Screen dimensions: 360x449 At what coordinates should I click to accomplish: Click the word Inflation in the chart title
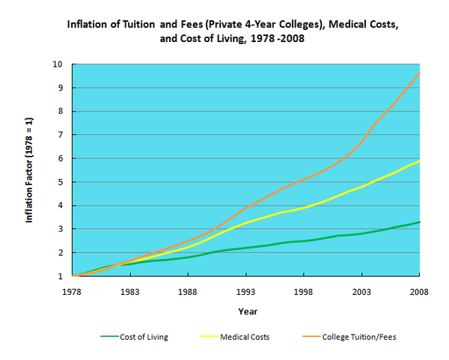point(88,24)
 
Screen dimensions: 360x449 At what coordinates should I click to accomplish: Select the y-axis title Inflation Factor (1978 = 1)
point(29,169)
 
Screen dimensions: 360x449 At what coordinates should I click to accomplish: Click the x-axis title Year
point(248,311)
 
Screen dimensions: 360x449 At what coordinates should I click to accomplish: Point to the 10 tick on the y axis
point(57,64)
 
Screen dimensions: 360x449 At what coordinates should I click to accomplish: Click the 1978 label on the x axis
point(73,291)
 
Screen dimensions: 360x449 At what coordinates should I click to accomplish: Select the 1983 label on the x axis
point(130,291)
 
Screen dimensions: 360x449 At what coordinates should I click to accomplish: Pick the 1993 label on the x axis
point(246,291)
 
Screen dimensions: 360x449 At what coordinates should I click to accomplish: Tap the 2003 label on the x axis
point(361,291)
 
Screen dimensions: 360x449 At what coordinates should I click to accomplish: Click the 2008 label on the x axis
point(418,291)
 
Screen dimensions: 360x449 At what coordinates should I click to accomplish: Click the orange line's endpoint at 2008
point(419,73)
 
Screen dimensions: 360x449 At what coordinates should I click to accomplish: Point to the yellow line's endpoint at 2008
point(419,160)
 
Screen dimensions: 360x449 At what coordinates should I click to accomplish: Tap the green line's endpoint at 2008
point(419,222)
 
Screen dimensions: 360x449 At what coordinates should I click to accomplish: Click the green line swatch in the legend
point(111,337)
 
